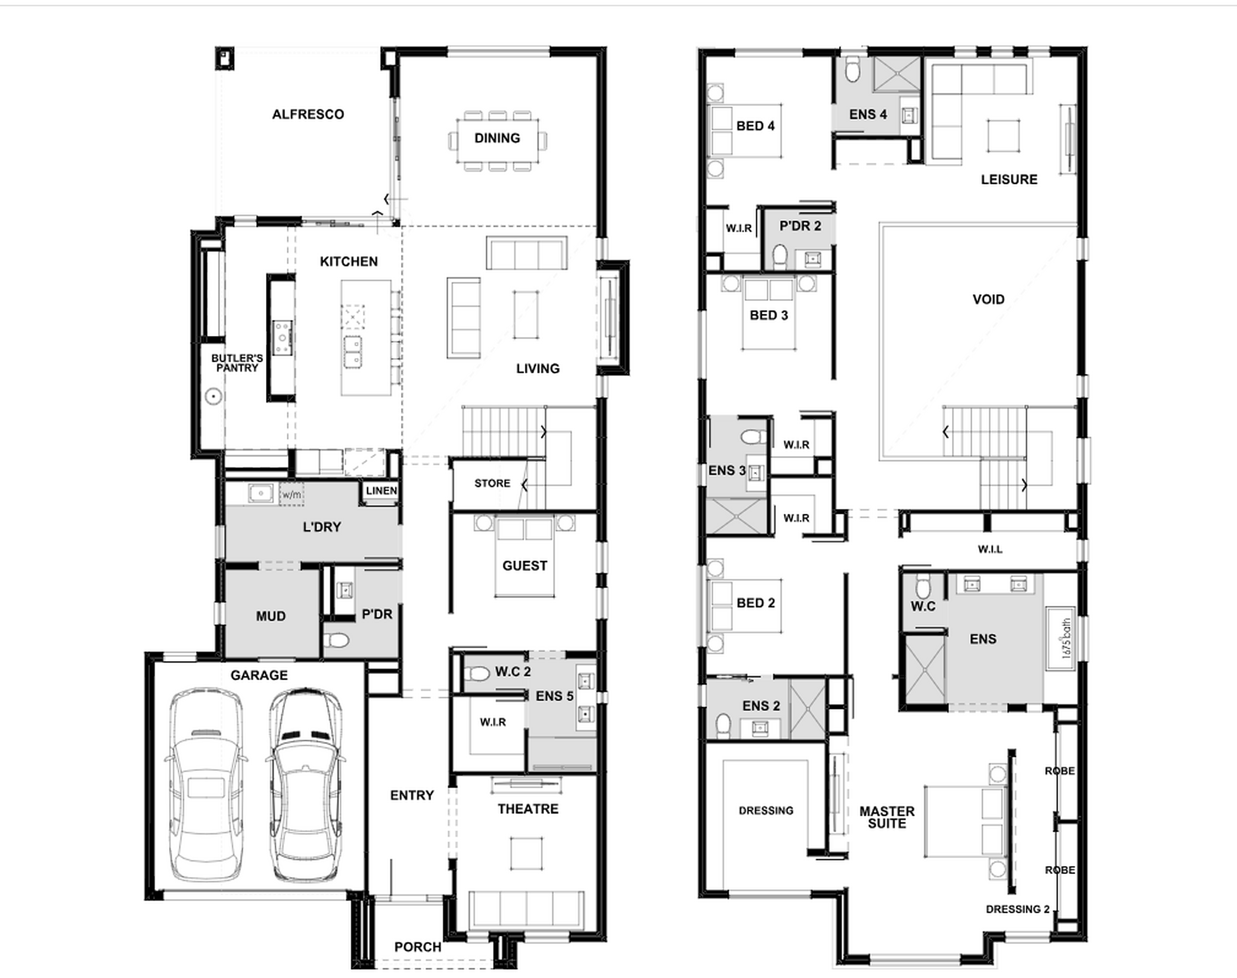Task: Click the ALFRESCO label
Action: click(x=308, y=114)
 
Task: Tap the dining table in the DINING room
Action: click(x=497, y=140)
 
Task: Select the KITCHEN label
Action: click(x=349, y=262)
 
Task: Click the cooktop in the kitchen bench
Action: click(x=282, y=338)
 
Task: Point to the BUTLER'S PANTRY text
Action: click(x=237, y=363)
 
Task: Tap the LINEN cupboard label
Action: click(x=381, y=491)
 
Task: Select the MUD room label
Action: click(x=271, y=616)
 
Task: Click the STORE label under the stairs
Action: click(x=493, y=483)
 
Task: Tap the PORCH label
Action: click(x=418, y=947)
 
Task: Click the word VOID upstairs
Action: click(x=989, y=299)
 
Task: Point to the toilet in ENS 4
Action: click(x=852, y=69)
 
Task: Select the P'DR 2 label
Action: click(x=800, y=226)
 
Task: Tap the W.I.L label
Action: click(x=990, y=550)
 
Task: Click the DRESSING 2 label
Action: click(x=1017, y=909)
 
